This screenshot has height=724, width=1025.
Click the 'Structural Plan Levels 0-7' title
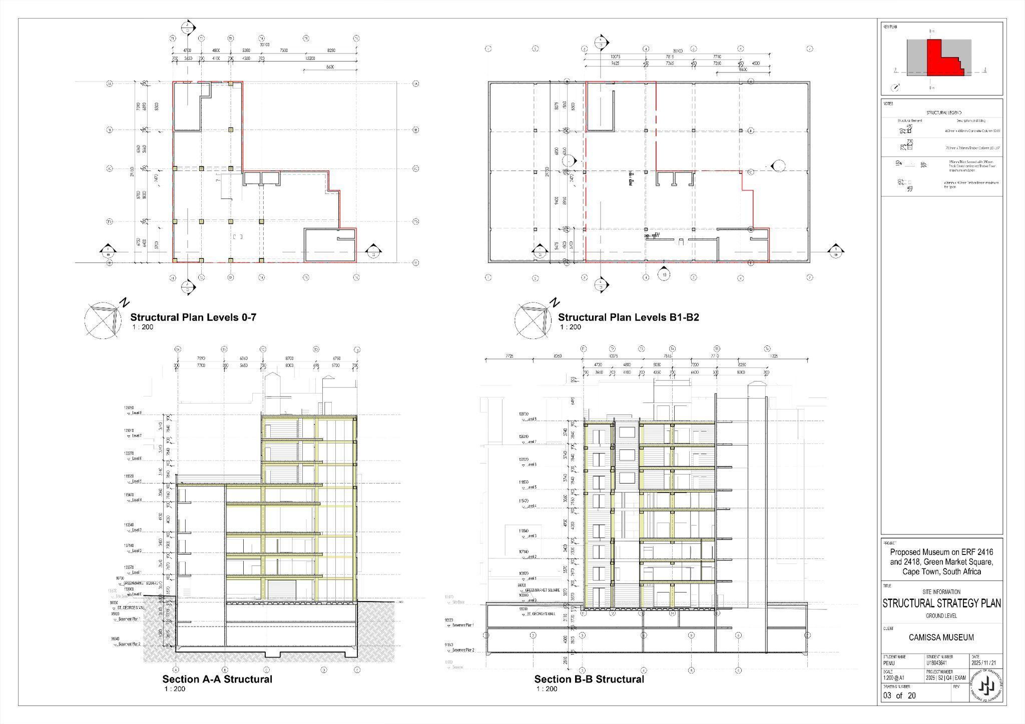193,317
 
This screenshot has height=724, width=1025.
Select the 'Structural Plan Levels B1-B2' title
628,317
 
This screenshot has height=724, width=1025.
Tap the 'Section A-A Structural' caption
217,679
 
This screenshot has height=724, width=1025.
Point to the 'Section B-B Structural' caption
589,679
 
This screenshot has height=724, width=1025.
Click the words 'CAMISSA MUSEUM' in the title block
941,637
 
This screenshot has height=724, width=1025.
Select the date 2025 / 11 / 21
986,663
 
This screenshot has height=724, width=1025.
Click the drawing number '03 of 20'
899,695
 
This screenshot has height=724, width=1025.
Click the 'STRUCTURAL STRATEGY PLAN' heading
941,603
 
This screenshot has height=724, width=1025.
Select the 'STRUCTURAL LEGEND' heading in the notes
944,113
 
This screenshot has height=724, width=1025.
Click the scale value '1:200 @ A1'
894,678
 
